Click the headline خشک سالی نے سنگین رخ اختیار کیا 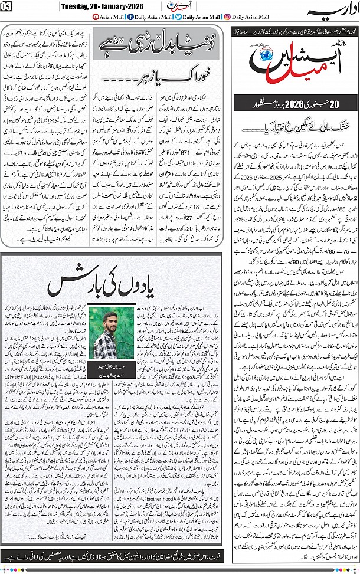[293, 126]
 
